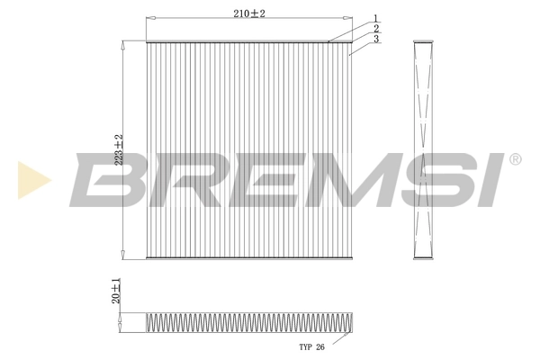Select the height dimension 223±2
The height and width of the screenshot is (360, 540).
[x=117, y=149]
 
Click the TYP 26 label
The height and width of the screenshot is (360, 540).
[x=310, y=346]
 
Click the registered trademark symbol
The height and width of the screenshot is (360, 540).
[x=515, y=159]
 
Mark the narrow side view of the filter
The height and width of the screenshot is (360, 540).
[x=423, y=149]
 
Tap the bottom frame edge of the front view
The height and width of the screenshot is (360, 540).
[x=248, y=257]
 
